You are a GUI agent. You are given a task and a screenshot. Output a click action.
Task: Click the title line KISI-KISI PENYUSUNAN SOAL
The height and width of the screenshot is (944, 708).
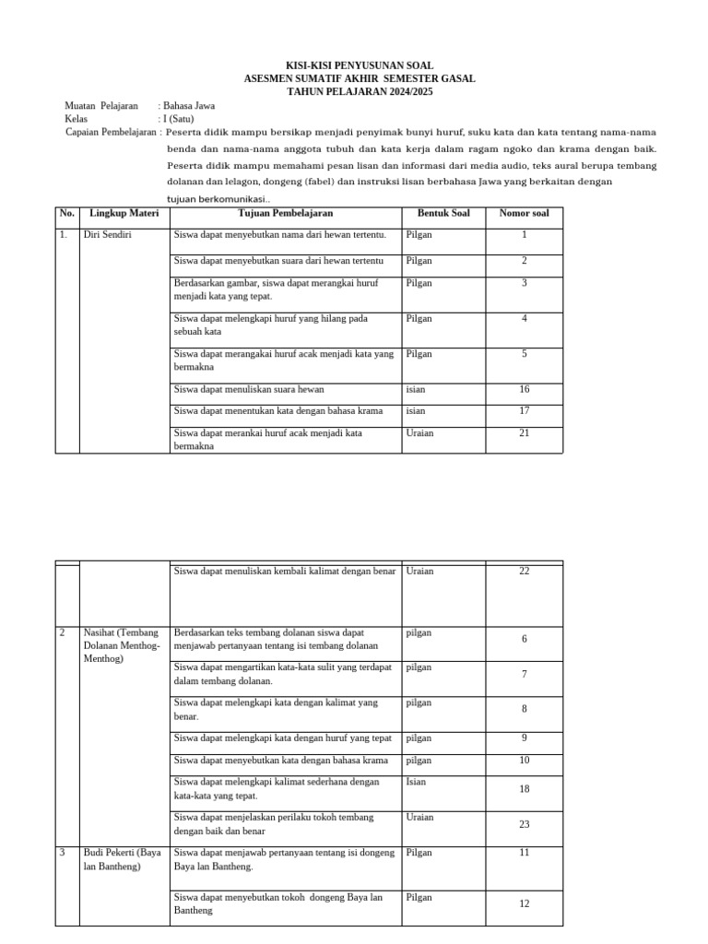(x=359, y=66)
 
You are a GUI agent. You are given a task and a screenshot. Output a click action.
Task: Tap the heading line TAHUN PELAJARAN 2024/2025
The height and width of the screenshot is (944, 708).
(x=359, y=92)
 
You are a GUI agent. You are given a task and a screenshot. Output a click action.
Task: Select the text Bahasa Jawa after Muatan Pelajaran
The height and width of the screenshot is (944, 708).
(x=189, y=106)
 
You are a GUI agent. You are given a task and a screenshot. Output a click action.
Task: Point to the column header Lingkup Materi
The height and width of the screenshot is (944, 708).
(x=124, y=214)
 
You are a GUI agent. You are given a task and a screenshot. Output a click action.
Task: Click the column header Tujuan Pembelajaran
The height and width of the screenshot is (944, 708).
(x=285, y=214)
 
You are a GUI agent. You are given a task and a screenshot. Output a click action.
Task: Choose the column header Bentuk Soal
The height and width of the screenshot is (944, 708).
(x=443, y=214)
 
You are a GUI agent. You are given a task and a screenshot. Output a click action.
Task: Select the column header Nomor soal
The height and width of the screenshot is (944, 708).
(x=524, y=214)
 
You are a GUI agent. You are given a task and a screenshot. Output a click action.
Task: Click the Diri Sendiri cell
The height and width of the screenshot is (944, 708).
(x=108, y=235)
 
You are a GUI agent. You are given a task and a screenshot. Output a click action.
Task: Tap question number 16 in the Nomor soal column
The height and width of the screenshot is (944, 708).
(x=524, y=389)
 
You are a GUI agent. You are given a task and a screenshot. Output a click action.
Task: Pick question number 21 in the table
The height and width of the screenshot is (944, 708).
(x=524, y=432)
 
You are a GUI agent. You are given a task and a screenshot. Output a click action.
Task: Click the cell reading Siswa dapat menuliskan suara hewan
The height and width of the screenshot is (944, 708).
(x=249, y=389)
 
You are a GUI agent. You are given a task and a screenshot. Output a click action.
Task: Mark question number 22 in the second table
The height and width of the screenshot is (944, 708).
(x=524, y=572)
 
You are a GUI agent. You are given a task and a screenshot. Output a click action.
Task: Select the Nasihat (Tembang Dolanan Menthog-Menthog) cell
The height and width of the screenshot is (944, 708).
(x=122, y=646)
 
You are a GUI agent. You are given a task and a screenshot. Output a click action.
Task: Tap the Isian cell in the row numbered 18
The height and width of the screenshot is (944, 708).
(x=416, y=782)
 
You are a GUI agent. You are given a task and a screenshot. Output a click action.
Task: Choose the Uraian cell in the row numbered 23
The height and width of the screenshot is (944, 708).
(x=419, y=817)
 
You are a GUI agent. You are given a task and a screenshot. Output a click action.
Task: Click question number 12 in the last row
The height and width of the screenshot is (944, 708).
(x=524, y=903)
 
